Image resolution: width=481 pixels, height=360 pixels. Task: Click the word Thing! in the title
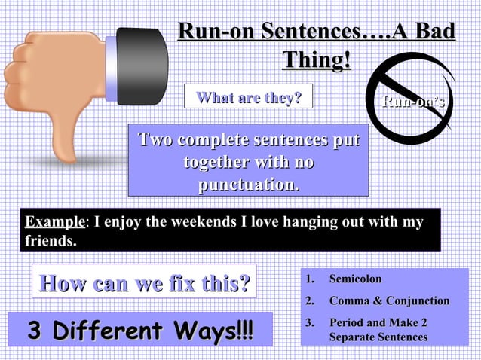point(317,59)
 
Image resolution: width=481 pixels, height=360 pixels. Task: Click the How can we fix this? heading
point(144,285)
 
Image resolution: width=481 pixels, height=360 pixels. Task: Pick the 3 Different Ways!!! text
point(140,331)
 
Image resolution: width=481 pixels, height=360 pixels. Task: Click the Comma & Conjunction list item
point(389,301)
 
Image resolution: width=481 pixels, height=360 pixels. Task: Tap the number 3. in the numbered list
point(309,323)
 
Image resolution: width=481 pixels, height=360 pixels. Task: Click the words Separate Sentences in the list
point(378,337)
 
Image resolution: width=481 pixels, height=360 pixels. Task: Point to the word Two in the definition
point(155,140)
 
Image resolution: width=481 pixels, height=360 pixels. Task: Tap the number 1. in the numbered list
point(309,279)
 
